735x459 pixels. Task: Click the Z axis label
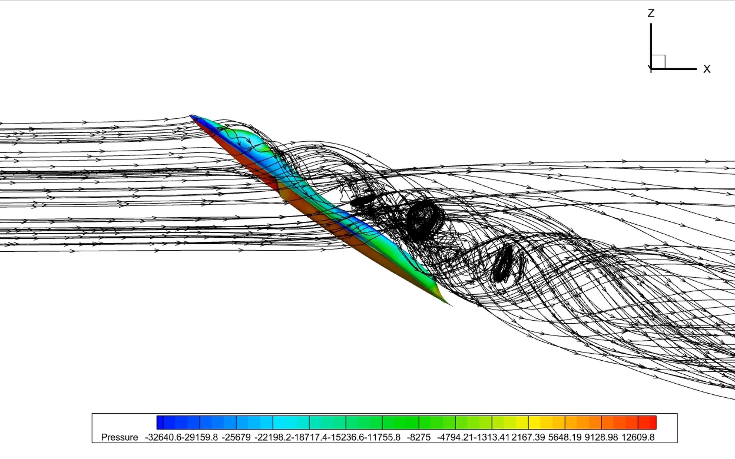point(651,13)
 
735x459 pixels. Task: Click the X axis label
point(707,69)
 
